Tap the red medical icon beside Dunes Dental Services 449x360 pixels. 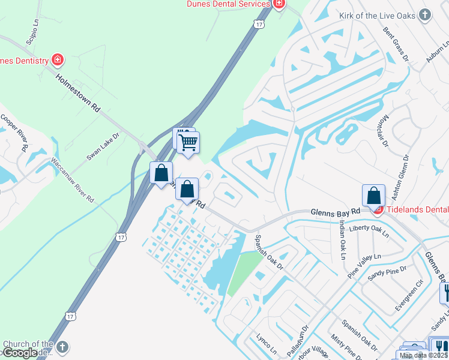click(x=279, y=4)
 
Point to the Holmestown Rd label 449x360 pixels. click(x=78, y=93)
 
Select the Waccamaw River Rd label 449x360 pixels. click(x=73, y=179)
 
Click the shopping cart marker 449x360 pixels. click(x=188, y=143)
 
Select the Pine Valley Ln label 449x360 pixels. click(x=364, y=265)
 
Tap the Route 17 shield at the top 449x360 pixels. click(x=259, y=24)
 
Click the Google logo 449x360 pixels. click(x=20, y=353)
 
